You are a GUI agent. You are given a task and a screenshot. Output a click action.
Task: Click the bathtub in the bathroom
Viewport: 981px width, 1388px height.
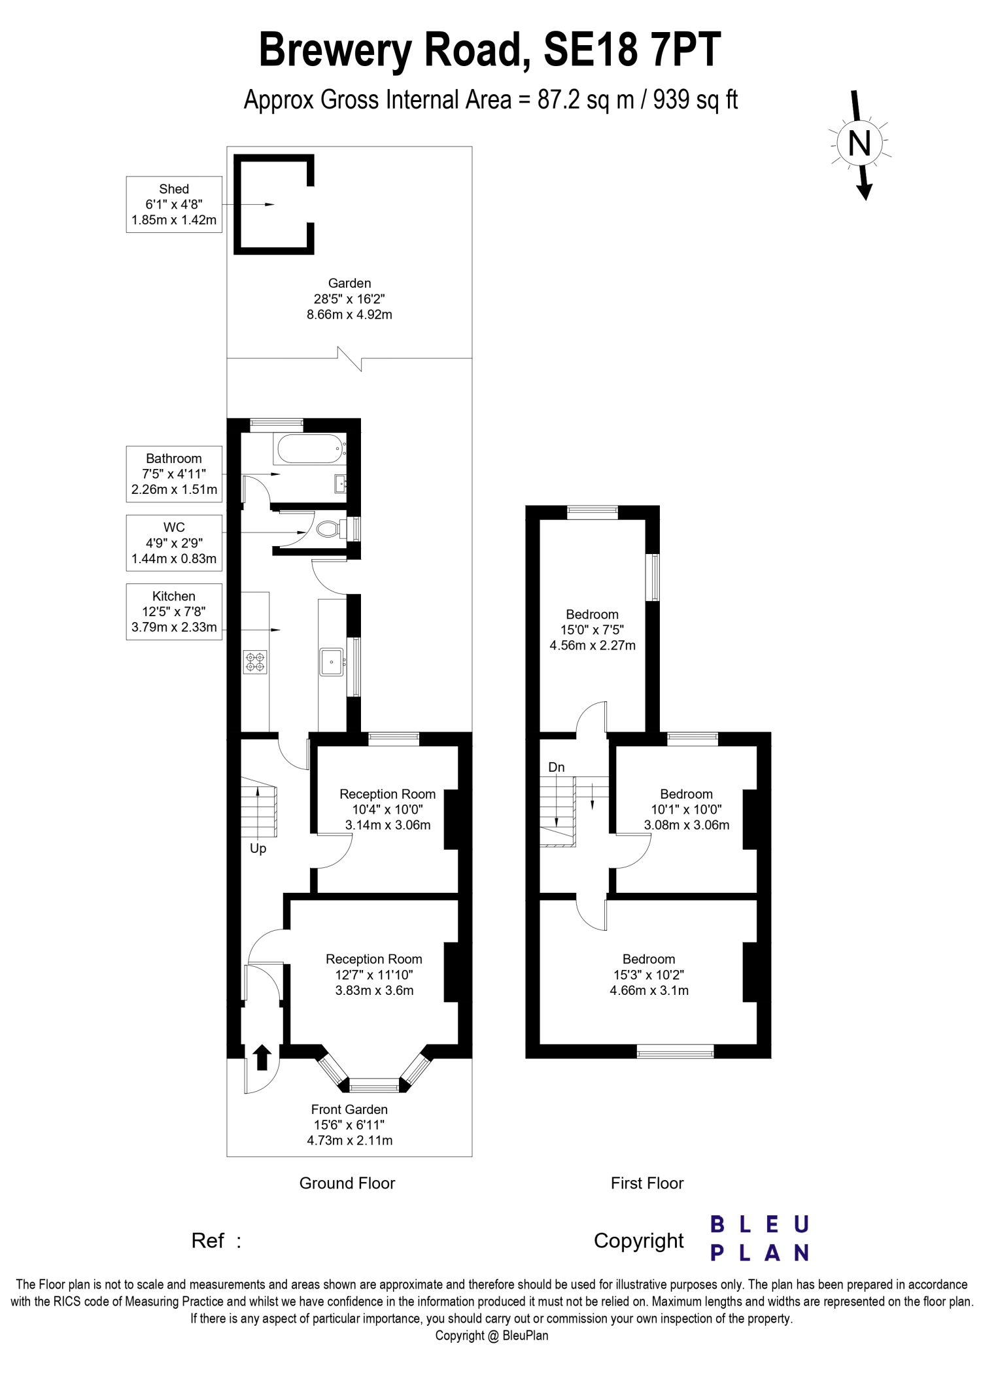[x=310, y=449]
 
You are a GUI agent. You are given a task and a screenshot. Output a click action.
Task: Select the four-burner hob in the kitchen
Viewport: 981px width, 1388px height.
[x=255, y=661]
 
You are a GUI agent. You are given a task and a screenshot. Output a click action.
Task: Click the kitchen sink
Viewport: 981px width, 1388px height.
[x=332, y=661]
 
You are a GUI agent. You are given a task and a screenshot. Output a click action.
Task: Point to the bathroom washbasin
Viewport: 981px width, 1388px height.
[x=340, y=484]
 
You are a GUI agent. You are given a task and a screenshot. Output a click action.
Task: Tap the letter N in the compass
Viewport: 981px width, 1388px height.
[x=859, y=143]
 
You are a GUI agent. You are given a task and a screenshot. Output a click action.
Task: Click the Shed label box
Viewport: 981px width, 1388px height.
[x=174, y=204]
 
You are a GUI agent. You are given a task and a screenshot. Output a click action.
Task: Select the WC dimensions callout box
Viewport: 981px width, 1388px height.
[x=174, y=543]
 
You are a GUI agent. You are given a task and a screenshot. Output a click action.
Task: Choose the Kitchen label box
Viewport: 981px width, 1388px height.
[x=174, y=612]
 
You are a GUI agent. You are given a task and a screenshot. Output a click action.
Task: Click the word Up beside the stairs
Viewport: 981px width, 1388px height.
[x=258, y=849]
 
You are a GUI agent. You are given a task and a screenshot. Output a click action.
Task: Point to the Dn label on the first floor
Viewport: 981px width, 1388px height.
[x=557, y=767]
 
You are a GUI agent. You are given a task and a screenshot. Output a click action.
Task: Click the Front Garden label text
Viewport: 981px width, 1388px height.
[x=350, y=1124]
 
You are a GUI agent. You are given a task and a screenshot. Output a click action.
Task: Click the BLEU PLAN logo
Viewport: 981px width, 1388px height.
[x=760, y=1238]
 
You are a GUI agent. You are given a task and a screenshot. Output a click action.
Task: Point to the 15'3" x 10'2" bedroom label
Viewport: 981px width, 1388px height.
[x=649, y=975]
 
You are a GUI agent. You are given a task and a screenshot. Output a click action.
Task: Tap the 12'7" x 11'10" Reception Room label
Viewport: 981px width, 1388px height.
[x=374, y=975]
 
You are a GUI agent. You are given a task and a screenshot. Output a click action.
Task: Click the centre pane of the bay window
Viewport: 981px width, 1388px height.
[x=374, y=1088]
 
